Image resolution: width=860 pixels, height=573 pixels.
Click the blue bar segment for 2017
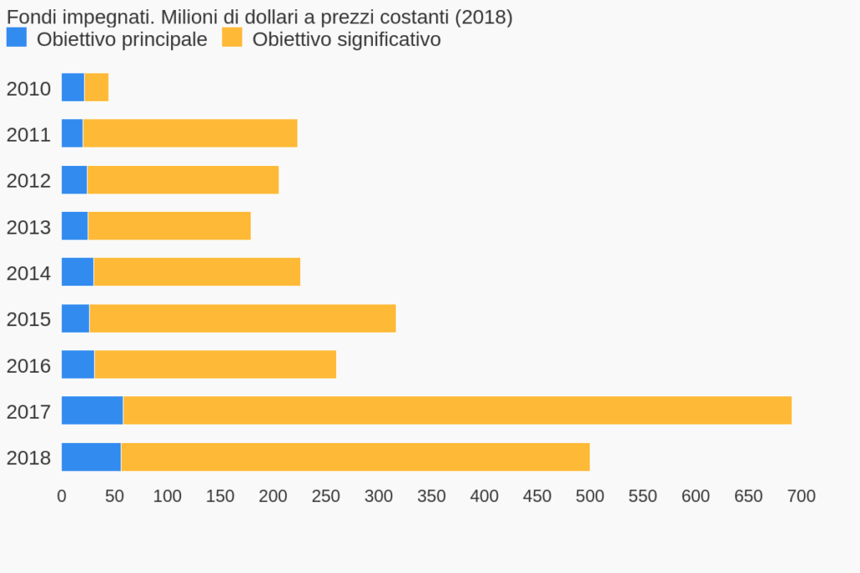(92, 410)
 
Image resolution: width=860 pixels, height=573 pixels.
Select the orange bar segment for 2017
(457, 410)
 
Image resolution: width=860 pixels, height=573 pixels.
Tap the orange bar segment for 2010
(96, 87)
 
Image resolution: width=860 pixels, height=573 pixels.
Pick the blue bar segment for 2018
(91, 457)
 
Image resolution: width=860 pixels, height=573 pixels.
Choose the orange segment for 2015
(242, 318)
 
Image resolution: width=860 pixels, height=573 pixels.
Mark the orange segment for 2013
(169, 225)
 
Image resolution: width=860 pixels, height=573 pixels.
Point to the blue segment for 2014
(77, 271)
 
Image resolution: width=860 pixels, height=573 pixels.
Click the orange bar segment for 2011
(190, 133)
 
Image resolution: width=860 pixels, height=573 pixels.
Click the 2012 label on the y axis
(28, 181)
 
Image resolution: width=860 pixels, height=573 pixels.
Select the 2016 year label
(28, 366)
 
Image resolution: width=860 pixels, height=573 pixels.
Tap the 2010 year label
(28, 89)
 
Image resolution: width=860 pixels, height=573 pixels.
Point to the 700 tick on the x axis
(801, 496)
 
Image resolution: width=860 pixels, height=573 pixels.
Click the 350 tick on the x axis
(432, 496)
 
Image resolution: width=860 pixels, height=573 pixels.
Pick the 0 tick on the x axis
(61, 496)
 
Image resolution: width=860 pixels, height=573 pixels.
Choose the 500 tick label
(590, 496)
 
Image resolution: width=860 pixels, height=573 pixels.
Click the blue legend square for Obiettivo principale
(16, 38)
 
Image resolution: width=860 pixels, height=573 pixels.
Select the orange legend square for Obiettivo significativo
(232, 38)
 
